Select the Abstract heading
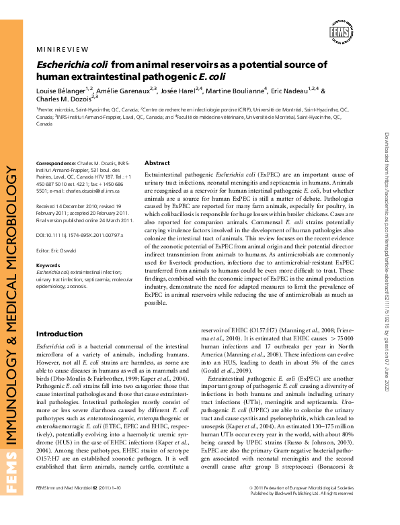[x=157, y=163]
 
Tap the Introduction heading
[x=59, y=334]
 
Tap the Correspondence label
[x=56, y=163]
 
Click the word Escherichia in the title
[x=65, y=65]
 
